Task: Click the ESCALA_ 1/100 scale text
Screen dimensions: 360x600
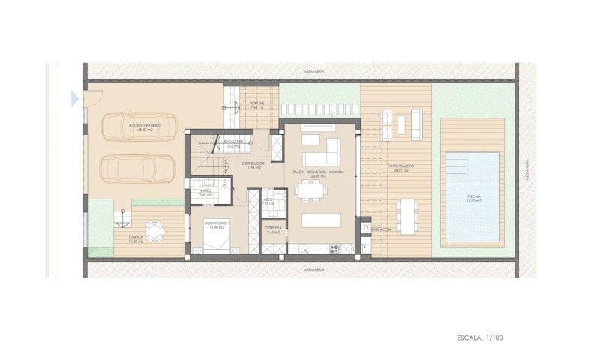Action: click(479, 339)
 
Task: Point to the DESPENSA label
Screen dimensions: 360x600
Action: click(273, 229)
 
